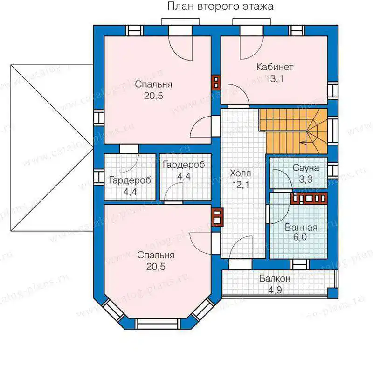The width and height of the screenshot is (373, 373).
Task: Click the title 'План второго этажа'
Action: (220, 7)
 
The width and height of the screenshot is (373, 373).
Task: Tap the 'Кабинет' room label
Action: (275, 67)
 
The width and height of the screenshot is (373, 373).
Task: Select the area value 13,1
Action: (275, 78)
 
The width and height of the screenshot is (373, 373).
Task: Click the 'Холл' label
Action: (240, 173)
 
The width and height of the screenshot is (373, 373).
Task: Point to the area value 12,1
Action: (241, 185)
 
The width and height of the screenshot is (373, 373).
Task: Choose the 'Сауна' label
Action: (305, 168)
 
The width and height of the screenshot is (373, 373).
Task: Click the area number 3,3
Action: (305, 179)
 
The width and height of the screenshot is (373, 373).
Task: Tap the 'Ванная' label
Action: (301, 228)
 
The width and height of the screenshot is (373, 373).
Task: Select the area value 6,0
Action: (300, 237)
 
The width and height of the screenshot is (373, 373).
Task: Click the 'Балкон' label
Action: (275, 278)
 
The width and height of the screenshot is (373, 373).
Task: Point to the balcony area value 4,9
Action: (275, 290)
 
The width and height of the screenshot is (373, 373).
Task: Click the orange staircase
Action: (293, 131)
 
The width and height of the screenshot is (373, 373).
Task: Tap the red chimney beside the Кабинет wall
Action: (216, 83)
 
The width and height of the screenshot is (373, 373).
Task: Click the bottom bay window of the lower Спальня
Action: (158, 324)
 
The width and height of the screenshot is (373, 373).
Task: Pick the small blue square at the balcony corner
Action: (333, 293)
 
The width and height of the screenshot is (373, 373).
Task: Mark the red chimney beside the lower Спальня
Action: (217, 217)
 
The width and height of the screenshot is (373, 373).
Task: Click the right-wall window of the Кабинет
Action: (333, 90)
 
